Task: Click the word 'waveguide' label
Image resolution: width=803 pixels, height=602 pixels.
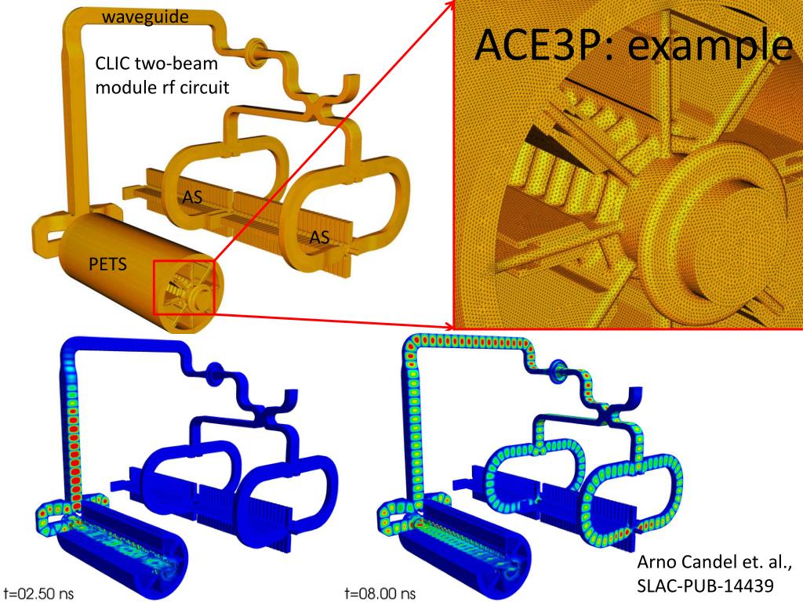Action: click(145, 17)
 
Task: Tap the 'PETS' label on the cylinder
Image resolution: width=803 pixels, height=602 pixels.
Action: click(107, 264)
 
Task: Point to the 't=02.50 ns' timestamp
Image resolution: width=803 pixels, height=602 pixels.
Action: click(38, 593)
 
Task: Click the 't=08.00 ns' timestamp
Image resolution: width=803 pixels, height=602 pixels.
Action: click(380, 593)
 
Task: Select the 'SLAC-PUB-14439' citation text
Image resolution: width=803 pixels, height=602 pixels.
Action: click(705, 585)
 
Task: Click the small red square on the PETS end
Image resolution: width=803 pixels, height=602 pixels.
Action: click(183, 287)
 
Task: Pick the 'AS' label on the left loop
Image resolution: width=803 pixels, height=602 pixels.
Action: click(193, 197)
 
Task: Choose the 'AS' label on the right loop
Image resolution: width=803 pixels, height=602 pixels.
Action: click(320, 237)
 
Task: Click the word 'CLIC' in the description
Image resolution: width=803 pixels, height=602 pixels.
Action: click(112, 63)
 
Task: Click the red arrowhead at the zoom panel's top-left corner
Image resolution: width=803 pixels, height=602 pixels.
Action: click(450, 4)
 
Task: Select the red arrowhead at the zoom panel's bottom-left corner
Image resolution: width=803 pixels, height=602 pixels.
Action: click(449, 326)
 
